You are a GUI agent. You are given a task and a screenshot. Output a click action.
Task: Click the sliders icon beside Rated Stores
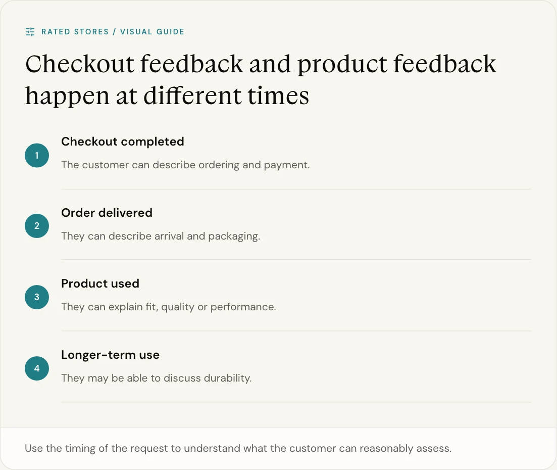click(x=30, y=32)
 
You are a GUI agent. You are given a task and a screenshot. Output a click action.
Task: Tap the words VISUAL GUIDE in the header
click(x=152, y=32)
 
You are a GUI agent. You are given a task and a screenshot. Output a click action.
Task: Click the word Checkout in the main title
click(x=80, y=64)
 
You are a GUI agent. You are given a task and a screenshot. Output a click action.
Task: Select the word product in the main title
click(x=342, y=65)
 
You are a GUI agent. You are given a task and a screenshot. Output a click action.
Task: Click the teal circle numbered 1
click(x=37, y=155)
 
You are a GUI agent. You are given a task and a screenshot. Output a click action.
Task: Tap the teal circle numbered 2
click(x=37, y=226)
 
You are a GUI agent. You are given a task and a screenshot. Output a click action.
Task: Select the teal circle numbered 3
click(x=37, y=297)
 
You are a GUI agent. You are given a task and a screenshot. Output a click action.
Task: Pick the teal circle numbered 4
click(x=37, y=368)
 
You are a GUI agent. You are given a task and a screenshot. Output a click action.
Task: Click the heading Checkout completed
click(x=123, y=142)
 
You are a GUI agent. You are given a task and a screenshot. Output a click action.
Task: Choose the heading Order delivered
click(x=107, y=213)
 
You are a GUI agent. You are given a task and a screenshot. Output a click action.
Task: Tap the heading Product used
click(x=100, y=284)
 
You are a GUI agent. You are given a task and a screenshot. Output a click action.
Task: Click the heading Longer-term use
click(x=110, y=355)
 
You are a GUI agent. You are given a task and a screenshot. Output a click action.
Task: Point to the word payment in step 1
click(x=287, y=165)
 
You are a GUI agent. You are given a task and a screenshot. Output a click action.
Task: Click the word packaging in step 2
click(x=234, y=236)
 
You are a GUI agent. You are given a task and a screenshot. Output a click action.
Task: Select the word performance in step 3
click(x=243, y=307)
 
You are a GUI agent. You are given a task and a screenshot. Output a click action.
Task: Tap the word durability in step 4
click(x=228, y=378)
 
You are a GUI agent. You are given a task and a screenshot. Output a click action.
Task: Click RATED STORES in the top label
click(x=75, y=32)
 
